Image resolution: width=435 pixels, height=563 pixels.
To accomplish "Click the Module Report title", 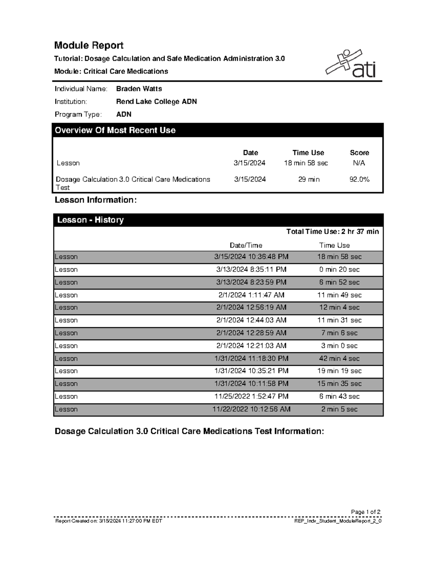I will (x=89, y=45).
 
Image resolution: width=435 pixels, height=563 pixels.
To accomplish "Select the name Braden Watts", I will (x=139, y=89).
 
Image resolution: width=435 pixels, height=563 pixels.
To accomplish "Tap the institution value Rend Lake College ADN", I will (x=156, y=102).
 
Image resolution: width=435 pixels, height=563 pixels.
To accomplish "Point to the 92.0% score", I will (x=359, y=179).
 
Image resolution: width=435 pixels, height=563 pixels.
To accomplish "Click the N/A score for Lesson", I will (x=359, y=163).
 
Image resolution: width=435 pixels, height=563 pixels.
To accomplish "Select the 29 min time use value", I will (x=309, y=179).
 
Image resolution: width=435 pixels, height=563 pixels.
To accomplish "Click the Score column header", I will (x=359, y=153).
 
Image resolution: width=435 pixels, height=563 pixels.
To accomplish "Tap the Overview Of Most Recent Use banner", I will (x=115, y=130).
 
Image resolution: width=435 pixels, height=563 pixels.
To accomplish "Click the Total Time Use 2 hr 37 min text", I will (x=332, y=232).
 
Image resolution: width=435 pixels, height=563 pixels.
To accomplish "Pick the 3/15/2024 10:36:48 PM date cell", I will (x=251, y=257).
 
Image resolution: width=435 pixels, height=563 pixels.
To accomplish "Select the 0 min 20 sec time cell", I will (x=339, y=269).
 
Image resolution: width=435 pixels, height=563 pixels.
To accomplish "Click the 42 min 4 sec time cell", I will (x=339, y=359).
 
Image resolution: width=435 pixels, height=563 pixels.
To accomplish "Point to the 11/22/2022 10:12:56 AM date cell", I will (x=251, y=409).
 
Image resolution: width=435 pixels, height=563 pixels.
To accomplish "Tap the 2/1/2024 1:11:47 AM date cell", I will (x=251, y=295).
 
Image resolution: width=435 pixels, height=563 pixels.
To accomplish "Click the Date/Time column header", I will (x=246, y=245).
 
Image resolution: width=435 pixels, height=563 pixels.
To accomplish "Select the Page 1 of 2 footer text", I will (x=365, y=512).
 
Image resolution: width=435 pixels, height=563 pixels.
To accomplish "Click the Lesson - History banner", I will (x=91, y=220).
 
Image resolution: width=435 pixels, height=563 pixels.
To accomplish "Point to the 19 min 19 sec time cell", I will (x=339, y=371).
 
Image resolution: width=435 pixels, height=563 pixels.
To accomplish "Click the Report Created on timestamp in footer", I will (x=108, y=521).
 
